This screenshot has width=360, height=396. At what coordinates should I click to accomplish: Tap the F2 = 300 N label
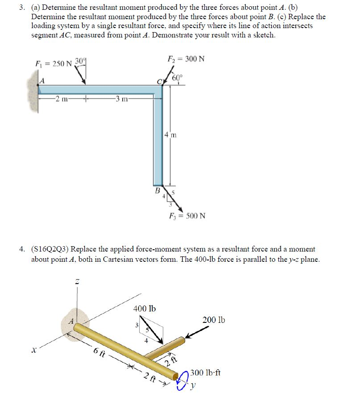(x=186, y=59)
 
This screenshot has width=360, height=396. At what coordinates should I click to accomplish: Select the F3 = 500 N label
(x=187, y=216)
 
